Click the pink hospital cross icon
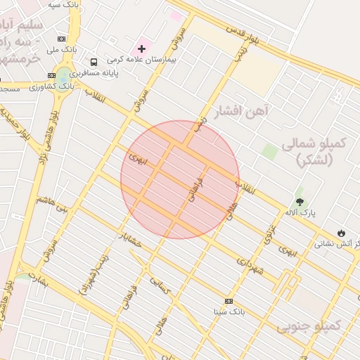pos(142,49)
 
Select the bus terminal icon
pos(94,61)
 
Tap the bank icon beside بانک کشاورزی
pos(51,75)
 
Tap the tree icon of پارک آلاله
pos(300,202)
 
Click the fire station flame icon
pos(341,233)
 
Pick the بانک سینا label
pos(229,311)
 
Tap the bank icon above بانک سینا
pos(229,300)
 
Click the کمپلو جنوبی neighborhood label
pos(309,326)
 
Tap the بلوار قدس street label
pos(243,36)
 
